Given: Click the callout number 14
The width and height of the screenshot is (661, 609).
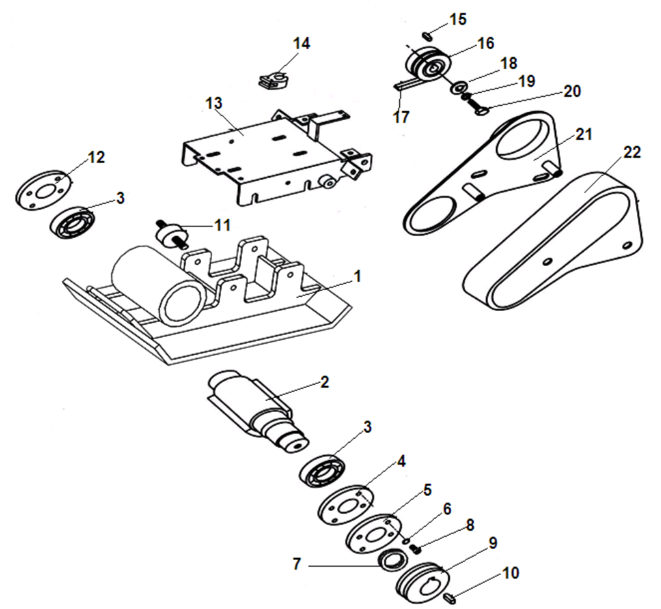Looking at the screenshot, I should [301, 44].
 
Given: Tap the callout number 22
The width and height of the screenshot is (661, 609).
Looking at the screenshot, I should [632, 153].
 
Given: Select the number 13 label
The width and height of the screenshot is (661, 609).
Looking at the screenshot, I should [214, 103].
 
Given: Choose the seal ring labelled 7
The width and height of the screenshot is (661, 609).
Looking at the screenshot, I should [393, 560].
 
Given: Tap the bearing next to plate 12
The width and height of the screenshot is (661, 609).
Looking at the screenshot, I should [72, 222].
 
